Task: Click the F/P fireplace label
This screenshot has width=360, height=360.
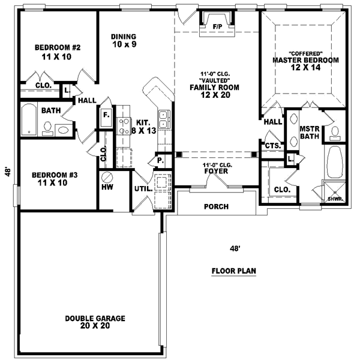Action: click(x=217, y=26)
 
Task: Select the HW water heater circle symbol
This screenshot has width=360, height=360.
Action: click(x=108, y=178)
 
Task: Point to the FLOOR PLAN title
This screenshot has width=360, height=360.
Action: click(x=233, y=271)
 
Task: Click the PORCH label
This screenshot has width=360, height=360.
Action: click(x=217, y=207)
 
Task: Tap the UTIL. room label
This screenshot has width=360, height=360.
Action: click(x=142, y=189)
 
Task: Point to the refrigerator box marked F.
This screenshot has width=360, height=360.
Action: click(x=106, y=115)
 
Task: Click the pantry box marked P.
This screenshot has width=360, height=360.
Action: click(x=161, y=161)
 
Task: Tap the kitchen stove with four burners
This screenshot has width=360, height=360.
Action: click(x=124, y=126)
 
